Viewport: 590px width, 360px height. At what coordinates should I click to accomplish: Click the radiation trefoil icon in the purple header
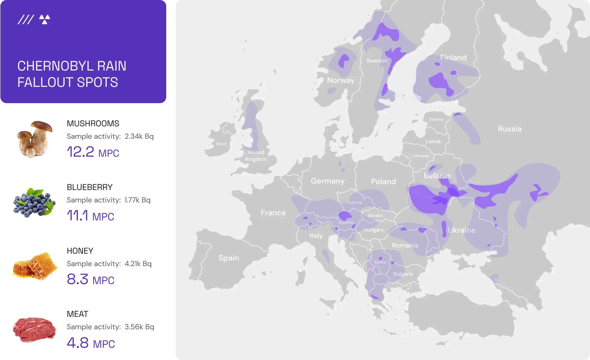[44, 19]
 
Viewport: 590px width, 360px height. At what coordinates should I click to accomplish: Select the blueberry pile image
[34, 203]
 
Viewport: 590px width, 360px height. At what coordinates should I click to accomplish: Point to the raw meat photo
[34, 330]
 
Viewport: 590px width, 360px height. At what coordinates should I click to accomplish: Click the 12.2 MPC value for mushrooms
[93, 152]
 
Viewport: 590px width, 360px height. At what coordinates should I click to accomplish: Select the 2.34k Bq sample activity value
[139, 136]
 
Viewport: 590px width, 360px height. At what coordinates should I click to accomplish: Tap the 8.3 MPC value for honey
[90, 279]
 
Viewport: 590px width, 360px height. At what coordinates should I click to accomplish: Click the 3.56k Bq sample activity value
[139, 327]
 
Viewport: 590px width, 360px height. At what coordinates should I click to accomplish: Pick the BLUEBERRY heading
[90, 187]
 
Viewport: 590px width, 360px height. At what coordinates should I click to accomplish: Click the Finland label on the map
[453, 57]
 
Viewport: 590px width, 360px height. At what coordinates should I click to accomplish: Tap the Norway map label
[341, 80]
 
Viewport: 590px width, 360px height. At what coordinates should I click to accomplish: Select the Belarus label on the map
[437, 176]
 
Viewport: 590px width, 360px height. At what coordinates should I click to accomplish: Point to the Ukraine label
[462, 230]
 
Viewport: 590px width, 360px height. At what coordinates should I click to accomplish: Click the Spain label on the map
[229, 258]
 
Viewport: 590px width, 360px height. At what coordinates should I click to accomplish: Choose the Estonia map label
[436, 119]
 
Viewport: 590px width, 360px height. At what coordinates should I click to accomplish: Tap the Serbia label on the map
[380, 262]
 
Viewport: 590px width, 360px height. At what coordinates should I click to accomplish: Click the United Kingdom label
[256, 156]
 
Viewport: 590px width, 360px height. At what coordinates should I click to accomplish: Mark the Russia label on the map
[509, 129]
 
